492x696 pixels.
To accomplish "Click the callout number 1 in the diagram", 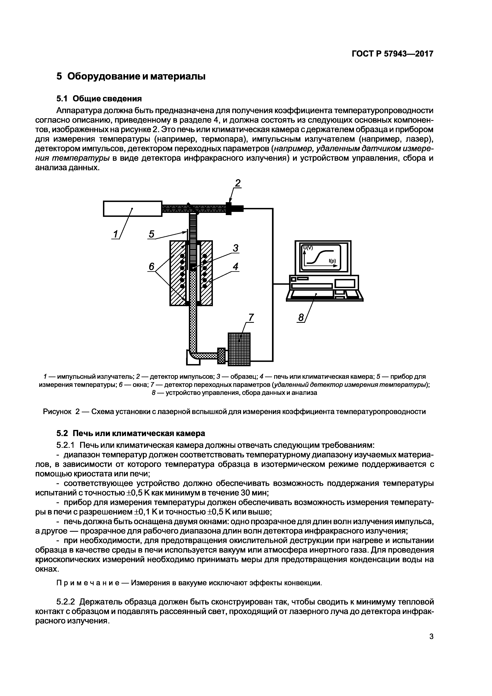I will (x=115, y=234).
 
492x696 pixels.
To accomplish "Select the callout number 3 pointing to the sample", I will (x=235, y=248).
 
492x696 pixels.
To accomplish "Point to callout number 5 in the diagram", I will (x=152, y=234).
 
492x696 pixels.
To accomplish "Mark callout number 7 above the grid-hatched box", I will (x=251, y=317).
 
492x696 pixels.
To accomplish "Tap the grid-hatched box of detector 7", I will (x=239, y=349).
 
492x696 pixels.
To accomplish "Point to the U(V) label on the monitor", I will (x=308, y=248).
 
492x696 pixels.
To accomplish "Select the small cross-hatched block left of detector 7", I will (x=222, y=356).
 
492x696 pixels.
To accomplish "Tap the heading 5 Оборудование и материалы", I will (x=131, y=76).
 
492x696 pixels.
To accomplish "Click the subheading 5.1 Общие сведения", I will (x=99, y=99).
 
